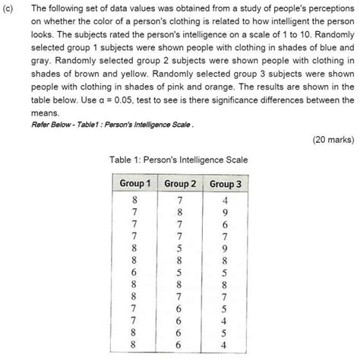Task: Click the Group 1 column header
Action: [135, 184]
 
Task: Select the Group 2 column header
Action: [180, 184]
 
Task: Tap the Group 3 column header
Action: [225, 184]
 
